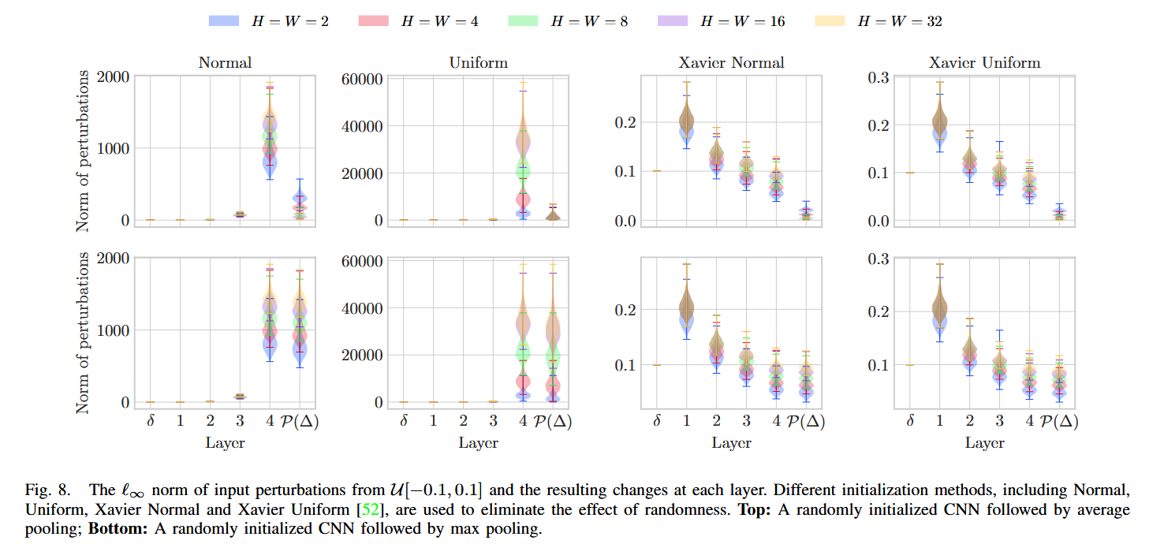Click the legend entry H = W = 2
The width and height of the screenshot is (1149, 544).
pyautogui.click(x=269, y=21)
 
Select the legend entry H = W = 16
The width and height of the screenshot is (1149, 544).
pyautogui.click(x=721, y=21)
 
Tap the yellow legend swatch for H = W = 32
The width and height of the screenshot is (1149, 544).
pyautogui.click(x=831, y=21)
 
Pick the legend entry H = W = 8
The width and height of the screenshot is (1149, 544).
pyautogui.click(x=570, y=21)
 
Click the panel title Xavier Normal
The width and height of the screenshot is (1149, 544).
pyautogui.click(x=731, y=62)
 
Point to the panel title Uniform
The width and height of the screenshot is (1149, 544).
pyautogui.click(x=479, y=62)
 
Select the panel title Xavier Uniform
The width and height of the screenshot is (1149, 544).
pyautogui.click(x=984, y=62)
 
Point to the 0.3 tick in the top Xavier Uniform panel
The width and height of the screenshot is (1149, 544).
pyautogui.click(x=878, y=77)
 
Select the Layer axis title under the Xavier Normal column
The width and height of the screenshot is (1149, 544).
pyautogui.click(x=731, y=443)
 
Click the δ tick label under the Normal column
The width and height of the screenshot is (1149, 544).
pyautogui.click(x=150, y=422)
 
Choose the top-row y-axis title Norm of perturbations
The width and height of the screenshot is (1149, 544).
pyautogui.click(x=83, y=151)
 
